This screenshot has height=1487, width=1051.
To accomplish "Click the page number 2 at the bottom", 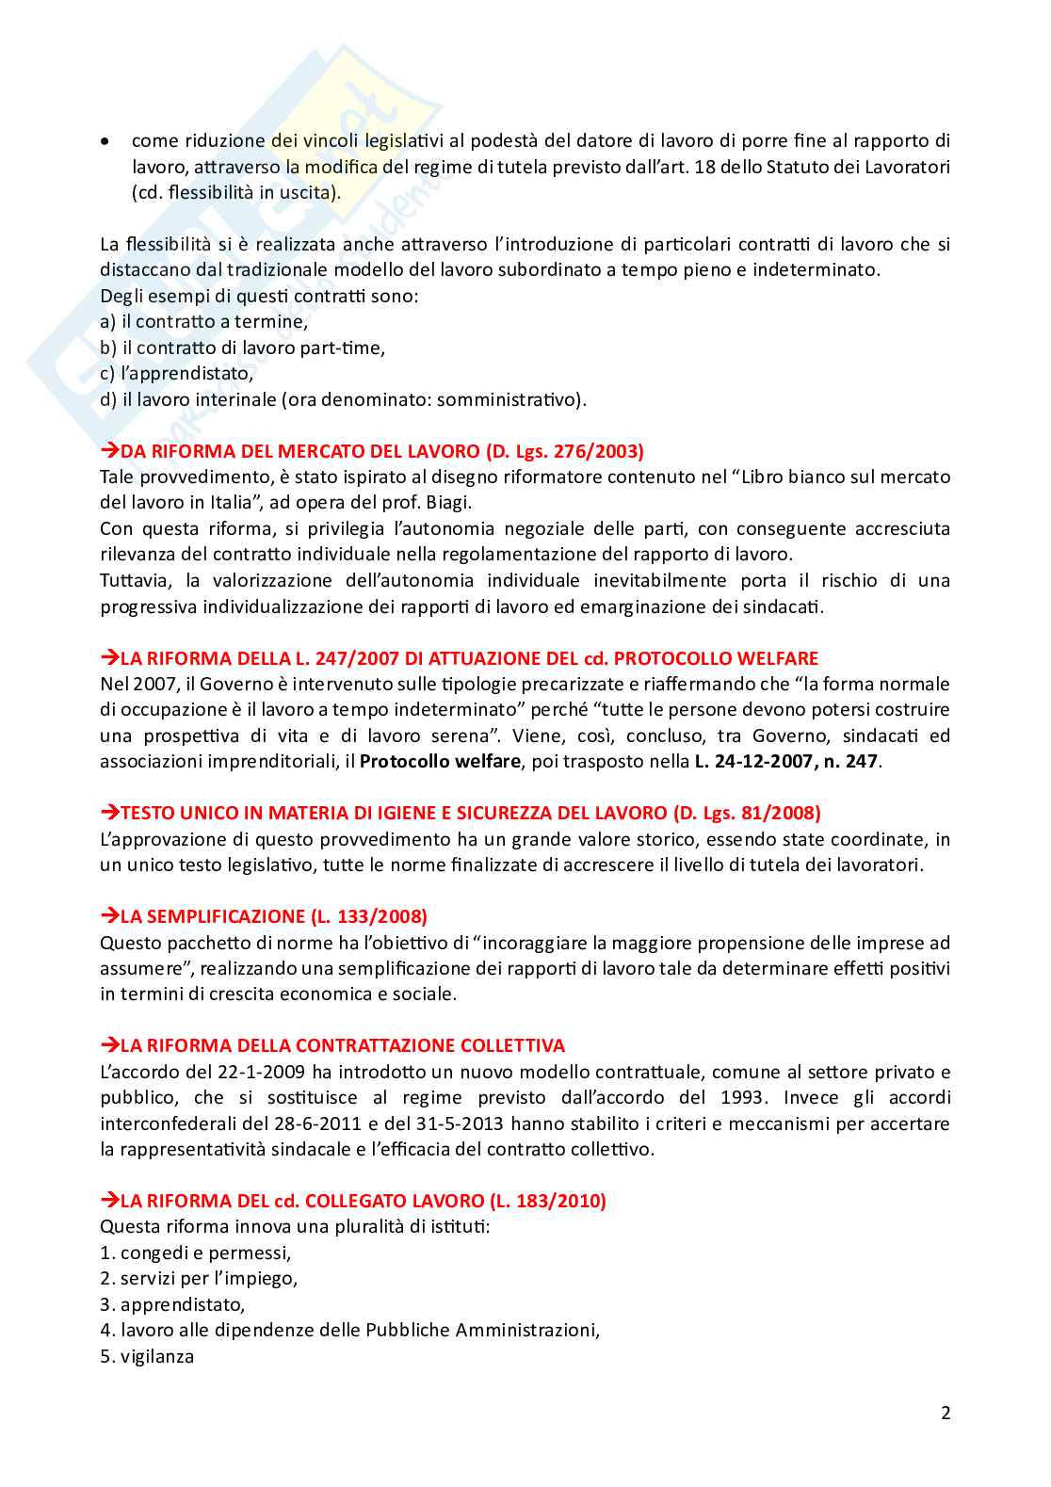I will [946, 1413].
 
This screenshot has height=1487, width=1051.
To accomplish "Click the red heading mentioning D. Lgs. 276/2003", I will [381, 451].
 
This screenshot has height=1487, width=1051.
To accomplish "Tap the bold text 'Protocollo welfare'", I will [439, 761].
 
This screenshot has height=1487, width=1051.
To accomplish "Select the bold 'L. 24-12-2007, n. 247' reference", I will [785, 761].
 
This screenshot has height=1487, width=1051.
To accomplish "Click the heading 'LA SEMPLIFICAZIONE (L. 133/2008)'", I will [273, 916].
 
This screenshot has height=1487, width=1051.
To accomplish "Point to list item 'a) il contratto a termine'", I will [204, 322].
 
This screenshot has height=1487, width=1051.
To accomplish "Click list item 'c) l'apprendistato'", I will [177, 374].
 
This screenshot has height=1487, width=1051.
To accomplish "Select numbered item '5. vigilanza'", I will [147, 1356].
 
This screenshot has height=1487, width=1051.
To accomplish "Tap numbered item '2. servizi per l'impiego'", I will [199, 1279].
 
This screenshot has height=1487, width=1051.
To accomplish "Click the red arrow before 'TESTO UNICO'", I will [109, 813].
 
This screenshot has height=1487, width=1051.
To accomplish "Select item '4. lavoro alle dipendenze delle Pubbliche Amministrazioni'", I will [350, 1331].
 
